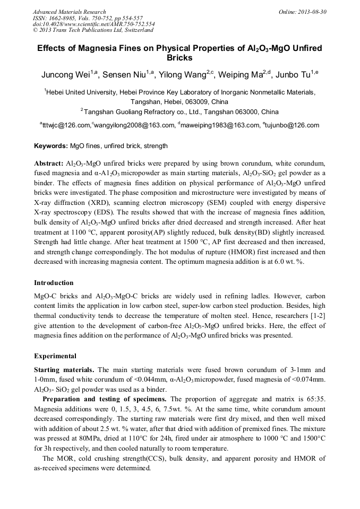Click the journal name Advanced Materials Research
[69, 12]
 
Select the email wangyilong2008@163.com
[134, 126]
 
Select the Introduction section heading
[54, 283]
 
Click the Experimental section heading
[55, 356]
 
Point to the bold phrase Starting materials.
[65, 369]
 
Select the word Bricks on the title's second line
[179, 58]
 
